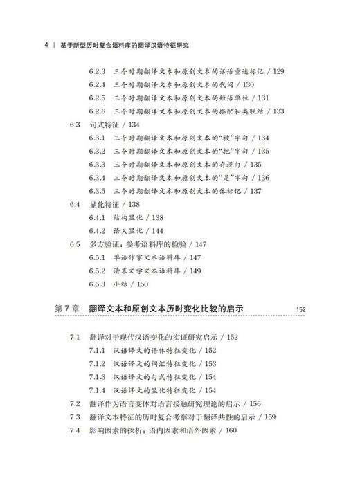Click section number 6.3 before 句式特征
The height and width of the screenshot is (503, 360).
tap(75, 125)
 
